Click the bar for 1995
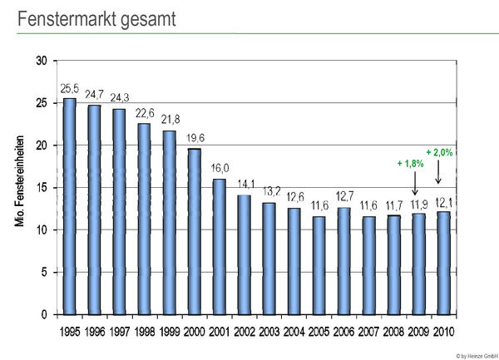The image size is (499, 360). [x=69, y=207]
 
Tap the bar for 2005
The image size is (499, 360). [x=319, y=266]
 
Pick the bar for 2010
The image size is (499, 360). [x=444, y=264]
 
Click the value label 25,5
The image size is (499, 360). [x=69, y=88]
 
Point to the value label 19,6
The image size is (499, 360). [x=194, y=138]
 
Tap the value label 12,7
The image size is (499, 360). [x=344, y=197]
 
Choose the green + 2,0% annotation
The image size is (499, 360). [x=440, y=152]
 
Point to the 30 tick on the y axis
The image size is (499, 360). [x=41, y=61]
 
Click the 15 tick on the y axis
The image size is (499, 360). [x=41, y=188]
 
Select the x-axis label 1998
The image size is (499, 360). [x=144, y=331]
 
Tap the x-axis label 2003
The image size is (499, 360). [x=269, y=331]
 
